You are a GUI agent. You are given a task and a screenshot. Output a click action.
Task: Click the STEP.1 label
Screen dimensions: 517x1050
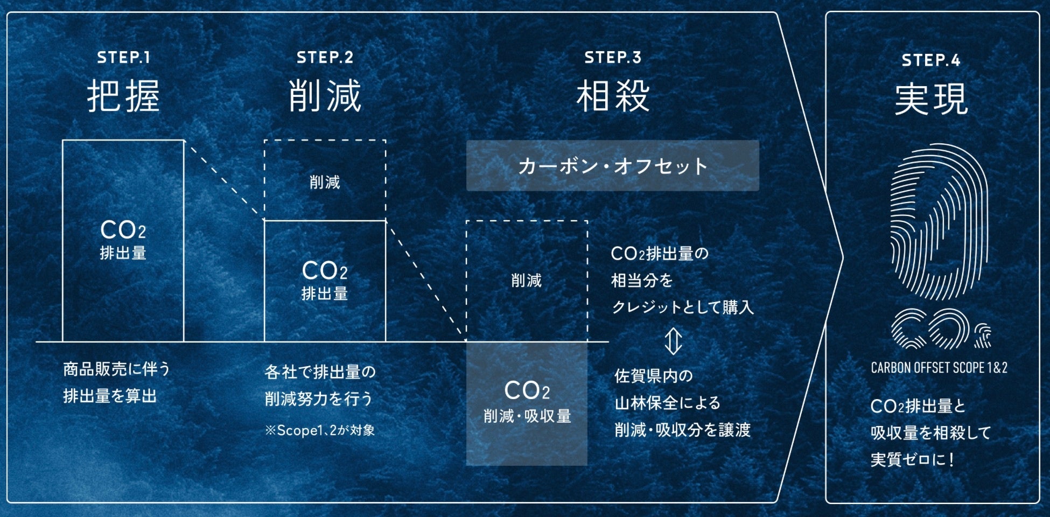(x=123, y=58)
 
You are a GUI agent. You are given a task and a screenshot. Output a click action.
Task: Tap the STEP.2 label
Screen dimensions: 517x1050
(x=325, y=58)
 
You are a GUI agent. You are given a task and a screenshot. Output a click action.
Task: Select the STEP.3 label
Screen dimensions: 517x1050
(x=613, y=58)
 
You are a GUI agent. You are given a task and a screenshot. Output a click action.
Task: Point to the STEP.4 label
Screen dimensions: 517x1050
(x=931, y=60)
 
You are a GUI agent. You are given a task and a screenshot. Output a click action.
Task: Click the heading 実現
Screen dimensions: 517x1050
(x=931, y=99)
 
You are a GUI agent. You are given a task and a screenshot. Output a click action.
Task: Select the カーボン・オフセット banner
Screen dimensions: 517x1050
(x=612, y=166)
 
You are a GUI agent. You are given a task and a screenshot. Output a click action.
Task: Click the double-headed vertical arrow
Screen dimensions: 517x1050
(x=673, y=341)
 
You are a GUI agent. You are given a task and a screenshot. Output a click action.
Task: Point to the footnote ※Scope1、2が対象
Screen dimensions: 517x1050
(x=319, y=430)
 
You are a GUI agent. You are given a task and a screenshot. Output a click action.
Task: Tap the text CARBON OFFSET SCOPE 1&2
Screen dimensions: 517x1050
(x=939, y=368)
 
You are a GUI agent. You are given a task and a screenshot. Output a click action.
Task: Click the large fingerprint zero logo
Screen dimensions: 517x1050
(x=940, y=221)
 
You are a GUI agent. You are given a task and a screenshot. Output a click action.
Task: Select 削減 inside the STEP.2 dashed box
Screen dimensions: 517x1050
(x=325, y=182)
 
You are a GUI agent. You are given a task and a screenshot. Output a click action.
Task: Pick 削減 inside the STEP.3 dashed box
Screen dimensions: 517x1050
(x=526, y=280)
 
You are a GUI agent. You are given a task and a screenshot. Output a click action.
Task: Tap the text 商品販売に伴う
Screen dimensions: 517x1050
(x=116, y=369)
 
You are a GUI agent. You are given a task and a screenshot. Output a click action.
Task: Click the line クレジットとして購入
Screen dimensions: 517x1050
(x=682, y=307)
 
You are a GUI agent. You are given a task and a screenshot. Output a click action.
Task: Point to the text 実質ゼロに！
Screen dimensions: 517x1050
(x=913, y=459)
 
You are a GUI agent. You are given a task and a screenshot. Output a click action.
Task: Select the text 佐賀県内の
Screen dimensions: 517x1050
(x=653, y=375)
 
